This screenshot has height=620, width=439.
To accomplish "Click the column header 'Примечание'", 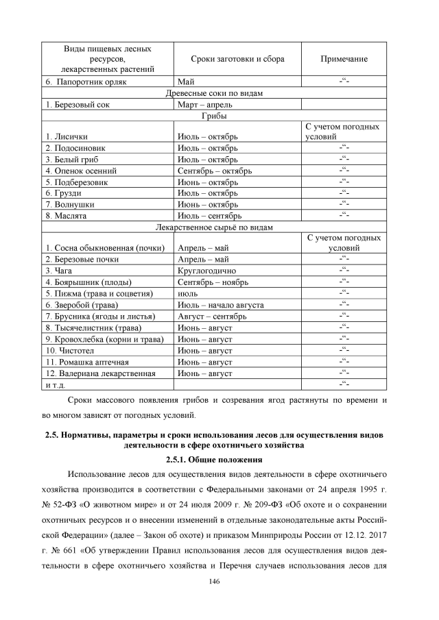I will click(344, 60).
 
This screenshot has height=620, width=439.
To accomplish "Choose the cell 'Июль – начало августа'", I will click(220, 305).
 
